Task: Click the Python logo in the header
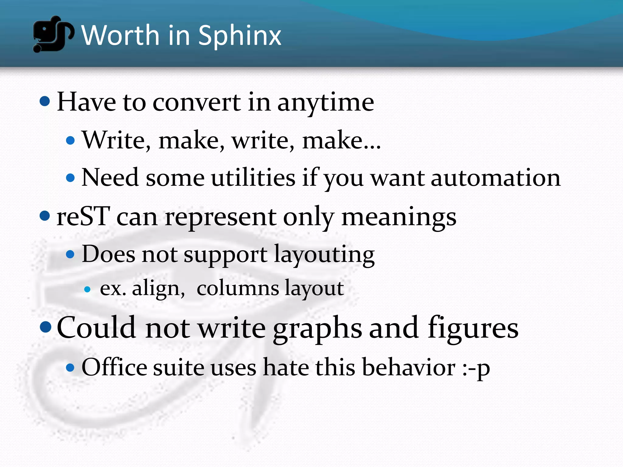pos(53,34)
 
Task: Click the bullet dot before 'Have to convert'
pos(45,101)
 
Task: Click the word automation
pos(496,178)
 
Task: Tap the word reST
pos(83,216)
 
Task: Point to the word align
pos(158,288)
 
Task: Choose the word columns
pos(238,288)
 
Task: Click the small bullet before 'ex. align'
pos(87,289)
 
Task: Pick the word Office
pos(114,367)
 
